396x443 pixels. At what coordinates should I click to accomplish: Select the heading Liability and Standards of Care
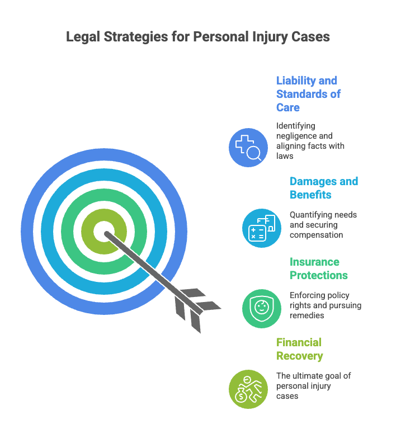(308, 93)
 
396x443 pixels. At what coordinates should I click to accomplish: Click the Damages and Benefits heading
(323, 188)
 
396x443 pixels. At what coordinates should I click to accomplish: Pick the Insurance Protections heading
(318, 268)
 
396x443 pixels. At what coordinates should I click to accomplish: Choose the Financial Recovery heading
(299, 349)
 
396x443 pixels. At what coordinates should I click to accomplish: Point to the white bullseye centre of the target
(103, 231)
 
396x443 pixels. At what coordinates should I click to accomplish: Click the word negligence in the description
(296, 136)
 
